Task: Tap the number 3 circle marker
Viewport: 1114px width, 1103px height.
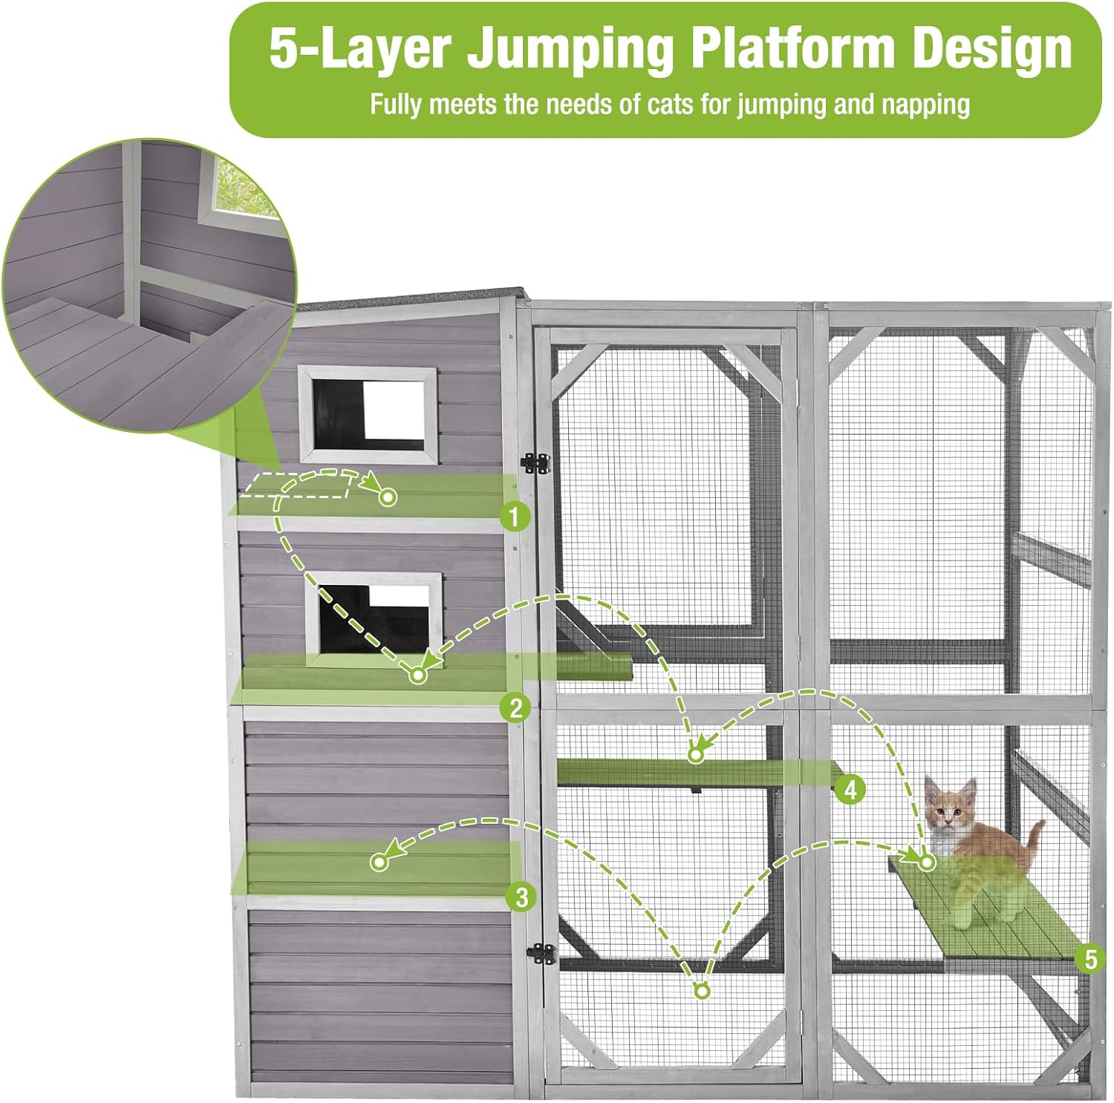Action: tap(521, 897)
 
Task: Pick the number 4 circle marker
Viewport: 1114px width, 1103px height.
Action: tap(850, 789)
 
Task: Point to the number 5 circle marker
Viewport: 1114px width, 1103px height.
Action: tap(1090, 959)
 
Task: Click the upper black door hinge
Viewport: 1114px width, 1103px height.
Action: tap(536, 464)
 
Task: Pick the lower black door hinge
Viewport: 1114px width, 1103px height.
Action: tap(542, 954)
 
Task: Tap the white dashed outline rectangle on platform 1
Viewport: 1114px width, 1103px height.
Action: tap(297, 485)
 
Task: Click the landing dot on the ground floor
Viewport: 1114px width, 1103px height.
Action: tap(702, 990)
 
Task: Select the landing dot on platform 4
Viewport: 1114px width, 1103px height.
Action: tap(696, 754)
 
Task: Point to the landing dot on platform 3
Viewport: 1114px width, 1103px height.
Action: tap(380, 862)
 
